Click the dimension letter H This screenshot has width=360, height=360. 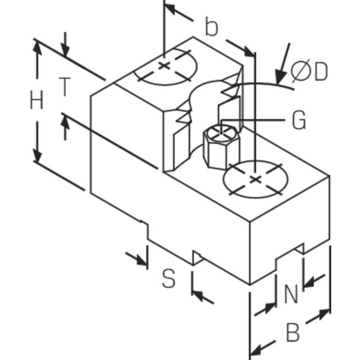click(37, 100)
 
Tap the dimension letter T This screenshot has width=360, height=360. click(65, 87)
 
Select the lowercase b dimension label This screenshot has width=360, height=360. click(211, 26)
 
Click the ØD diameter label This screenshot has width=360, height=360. click(309, 71)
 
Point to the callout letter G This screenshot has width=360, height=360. click(299, 120)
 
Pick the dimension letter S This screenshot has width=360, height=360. click(169, 278)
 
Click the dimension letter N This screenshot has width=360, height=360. click(291, 293)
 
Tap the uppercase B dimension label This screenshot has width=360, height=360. click(293, 332)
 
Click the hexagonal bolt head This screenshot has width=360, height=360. click(221, 147)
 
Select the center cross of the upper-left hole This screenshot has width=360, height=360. click(164, 66)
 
